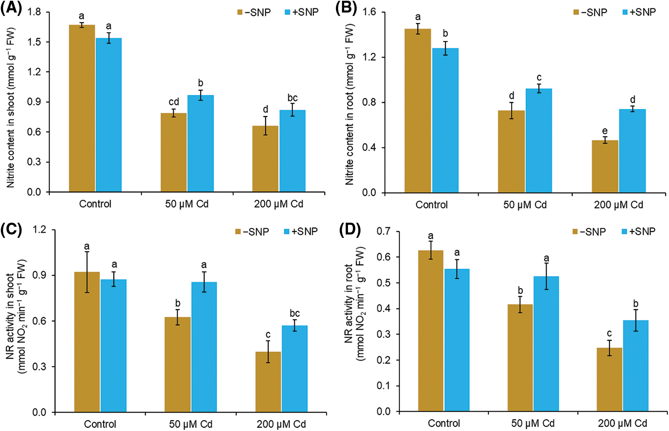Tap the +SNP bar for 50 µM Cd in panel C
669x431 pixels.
pyautogui.click(x=204, y=347)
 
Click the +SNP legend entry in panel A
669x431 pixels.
pyautogui.click(x=302, y=12)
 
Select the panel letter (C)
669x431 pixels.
pyautogui.click(x=11, y=230)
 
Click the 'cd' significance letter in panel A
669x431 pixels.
pyautogui.click(x=174, y=102)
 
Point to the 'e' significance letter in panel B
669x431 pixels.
pyautogui.click(x=605, y=131)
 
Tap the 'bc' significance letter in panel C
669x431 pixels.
pyautogui.click(x=295, y=313)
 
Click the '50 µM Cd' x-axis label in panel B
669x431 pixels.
pyautogui.click(x=525, y=205)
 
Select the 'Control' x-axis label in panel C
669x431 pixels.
pyautogui.click(x=100, y=424)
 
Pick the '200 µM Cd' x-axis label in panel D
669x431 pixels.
pyautogui.click(x=622, y=423)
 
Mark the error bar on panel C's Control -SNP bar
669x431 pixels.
pyautogui.click(x=87, y=272)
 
